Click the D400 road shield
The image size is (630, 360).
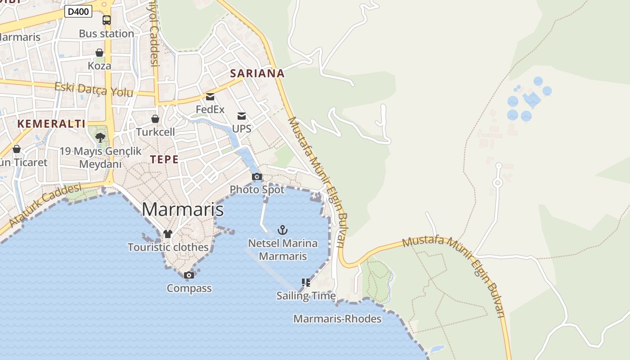point(78,11)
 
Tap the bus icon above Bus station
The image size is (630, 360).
point(107,20)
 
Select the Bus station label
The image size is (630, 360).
point(106,34)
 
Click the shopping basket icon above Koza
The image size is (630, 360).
point(99,53)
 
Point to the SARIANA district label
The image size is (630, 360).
point(257,73)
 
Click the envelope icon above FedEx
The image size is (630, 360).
point(210,96)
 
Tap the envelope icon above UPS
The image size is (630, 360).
point(242,116)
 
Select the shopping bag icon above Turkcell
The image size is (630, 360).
point(155,119)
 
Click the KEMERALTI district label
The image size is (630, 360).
point(51,124)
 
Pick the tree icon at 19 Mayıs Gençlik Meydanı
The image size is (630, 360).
point(100,137)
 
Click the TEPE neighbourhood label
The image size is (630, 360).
point(164,159)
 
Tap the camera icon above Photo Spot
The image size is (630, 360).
point(257,176)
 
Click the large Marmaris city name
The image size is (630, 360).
point(183,210)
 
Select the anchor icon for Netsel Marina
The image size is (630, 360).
point(283,230)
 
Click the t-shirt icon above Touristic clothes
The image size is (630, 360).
point(168,234)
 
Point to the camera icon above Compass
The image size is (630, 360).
point(189,275)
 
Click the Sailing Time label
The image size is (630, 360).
point(306,296)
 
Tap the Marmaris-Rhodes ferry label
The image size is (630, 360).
point(337,319)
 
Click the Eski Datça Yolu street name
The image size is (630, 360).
point(94,90)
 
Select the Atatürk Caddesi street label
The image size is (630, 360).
point(45,204)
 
